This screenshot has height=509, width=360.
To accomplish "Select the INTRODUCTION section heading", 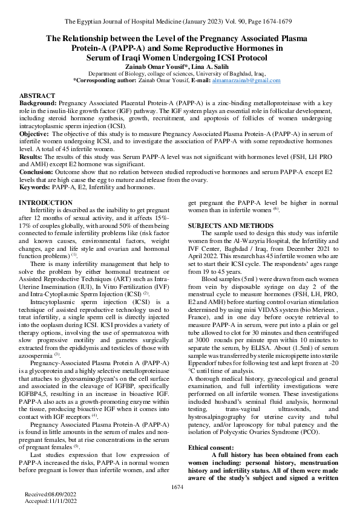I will pos(46,202).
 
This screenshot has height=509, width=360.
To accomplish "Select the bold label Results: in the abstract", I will pos(32,156).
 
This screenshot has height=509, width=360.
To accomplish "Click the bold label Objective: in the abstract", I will pos(35,132).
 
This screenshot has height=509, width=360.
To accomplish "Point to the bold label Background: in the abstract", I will pos(38,104).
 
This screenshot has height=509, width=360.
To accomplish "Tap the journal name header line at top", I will pos(180,22).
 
